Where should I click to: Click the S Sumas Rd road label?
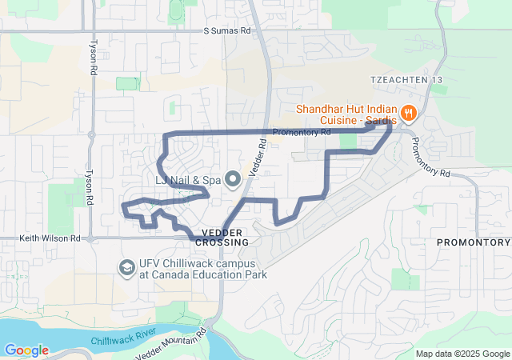[x=226, y=30]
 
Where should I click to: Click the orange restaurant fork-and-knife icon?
[x=408, y=113]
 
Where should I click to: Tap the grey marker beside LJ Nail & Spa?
[x=233, y=178]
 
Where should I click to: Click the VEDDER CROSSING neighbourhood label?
[x=222, y=237]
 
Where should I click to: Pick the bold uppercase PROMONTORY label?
[x=473, y=242]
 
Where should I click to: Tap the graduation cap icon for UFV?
[x=126, y=266]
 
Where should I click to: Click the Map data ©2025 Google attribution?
[x=462, y=354]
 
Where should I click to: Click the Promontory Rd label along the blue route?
[x=302, y=132]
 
